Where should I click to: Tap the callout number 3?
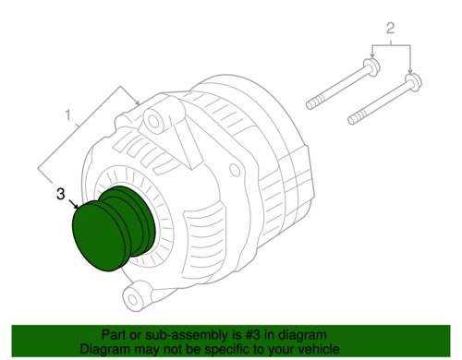60,196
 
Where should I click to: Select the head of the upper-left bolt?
370,68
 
